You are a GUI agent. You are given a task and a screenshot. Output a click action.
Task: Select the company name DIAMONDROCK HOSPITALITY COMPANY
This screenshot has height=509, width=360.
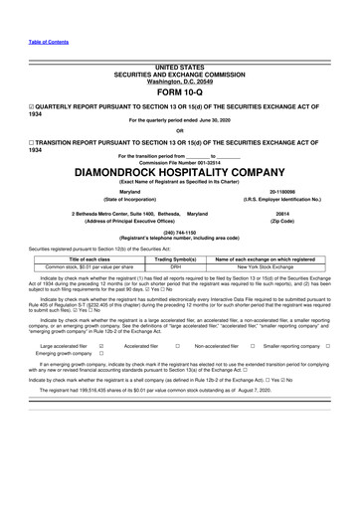click(179, 172)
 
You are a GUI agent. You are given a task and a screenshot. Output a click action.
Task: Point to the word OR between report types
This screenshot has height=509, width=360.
click(179, 130)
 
